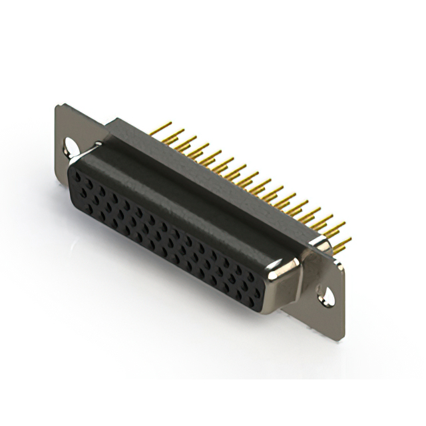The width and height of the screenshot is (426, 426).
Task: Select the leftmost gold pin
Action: [x=164, y=127]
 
